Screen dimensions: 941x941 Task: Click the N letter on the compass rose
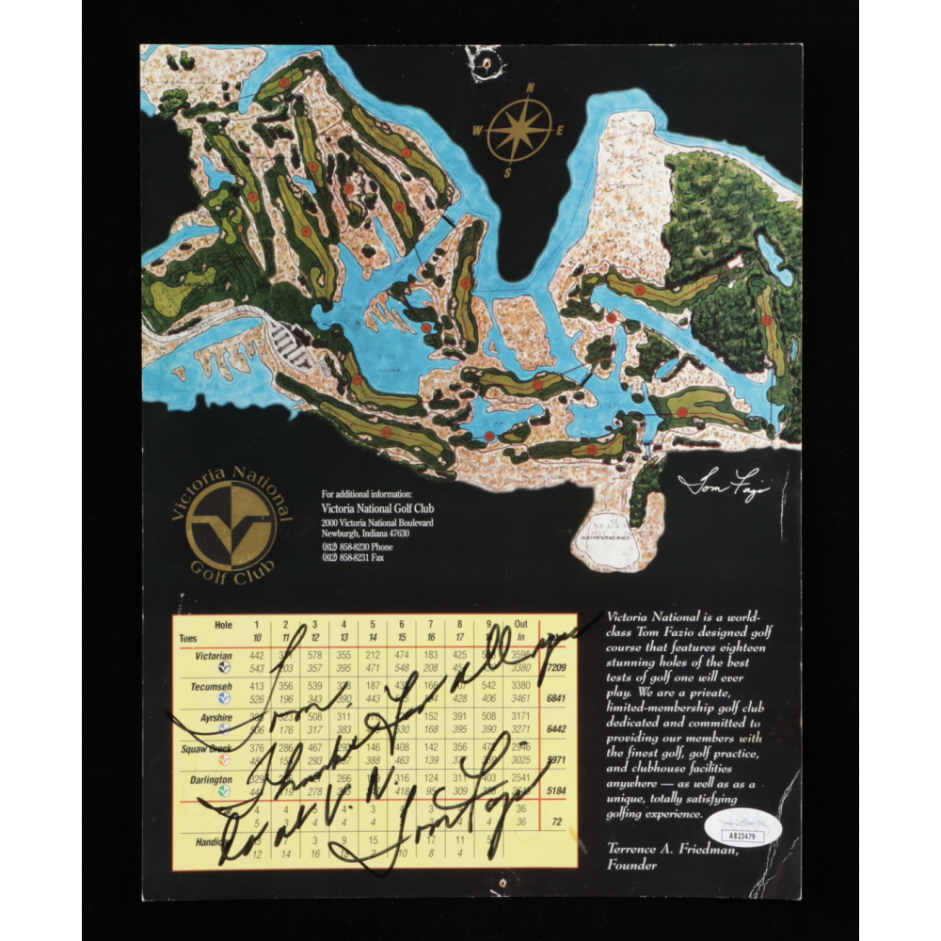tap(530, 88)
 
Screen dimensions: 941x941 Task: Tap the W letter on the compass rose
tap(478, 131)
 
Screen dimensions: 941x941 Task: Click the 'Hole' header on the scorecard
tap(223, 624)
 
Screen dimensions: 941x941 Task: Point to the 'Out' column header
tap(520, 624)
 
